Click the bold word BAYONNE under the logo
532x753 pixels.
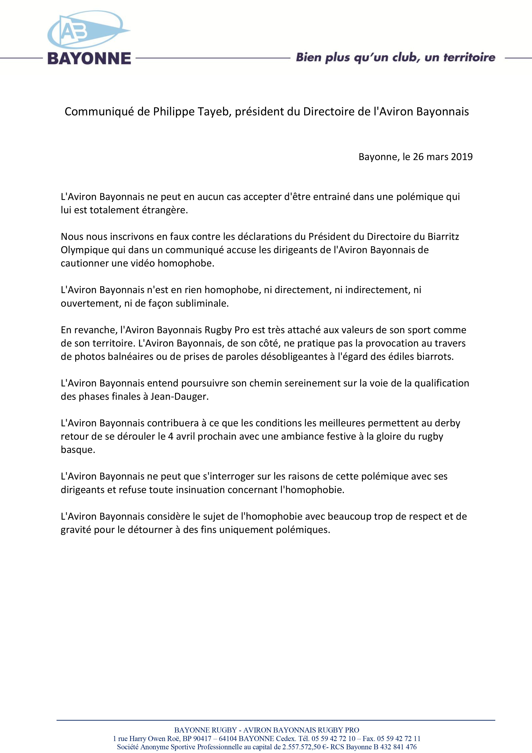[89, 58]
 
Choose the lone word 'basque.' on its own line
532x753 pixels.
[78, 450]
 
